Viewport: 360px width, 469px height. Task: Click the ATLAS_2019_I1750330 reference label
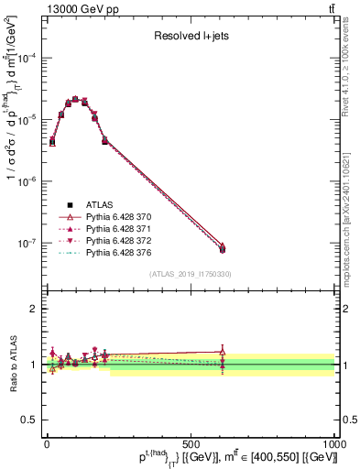[189, 274]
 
